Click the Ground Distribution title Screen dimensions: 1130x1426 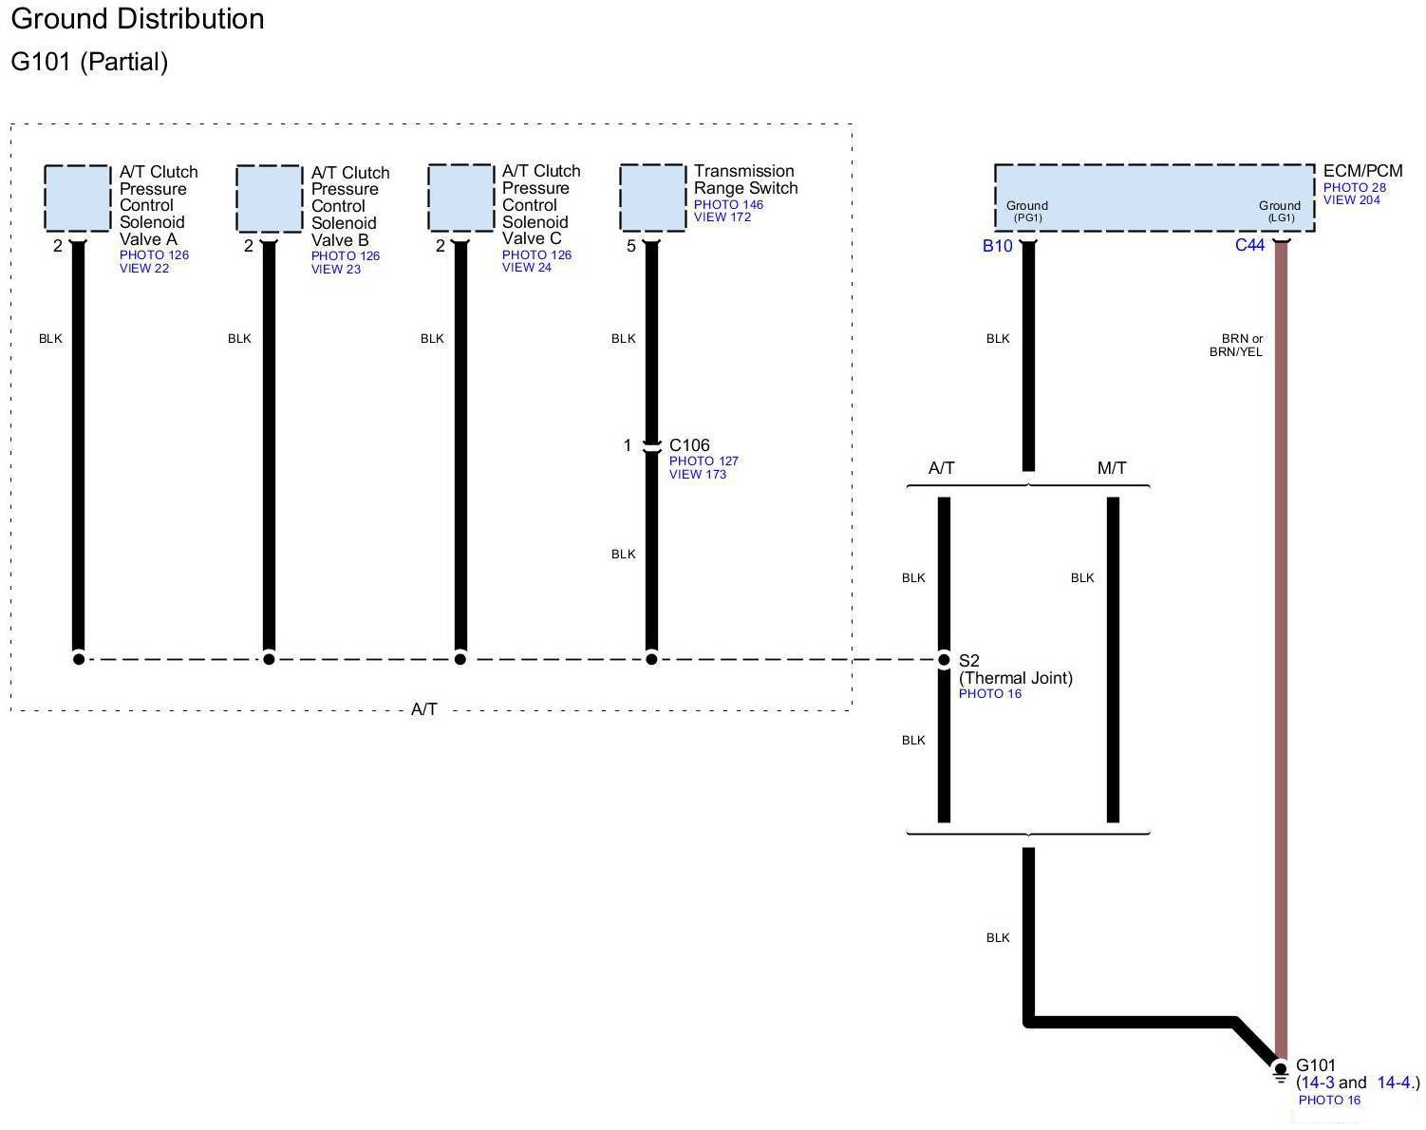coord(138,19)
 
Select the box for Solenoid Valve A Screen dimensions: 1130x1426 coord(77,198)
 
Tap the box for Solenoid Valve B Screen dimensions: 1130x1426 coord(269,198)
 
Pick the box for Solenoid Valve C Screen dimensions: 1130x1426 coord(460,198)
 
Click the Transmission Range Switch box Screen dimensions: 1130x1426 coord(652,198)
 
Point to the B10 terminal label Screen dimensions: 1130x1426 coord(997,246)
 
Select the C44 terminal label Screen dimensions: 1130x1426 coord(1249,245)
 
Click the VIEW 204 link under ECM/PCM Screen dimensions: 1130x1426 coord(1351,200)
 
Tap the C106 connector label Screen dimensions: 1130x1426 coord(689,445)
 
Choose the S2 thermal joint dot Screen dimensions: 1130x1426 coord(944,659)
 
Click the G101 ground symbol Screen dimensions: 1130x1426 coord(1280,1070)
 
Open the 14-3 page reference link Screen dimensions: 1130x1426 coord(1317,1083)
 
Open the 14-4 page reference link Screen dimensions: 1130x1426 coord(1394,1083)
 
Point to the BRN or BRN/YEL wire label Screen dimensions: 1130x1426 coord(1236,345)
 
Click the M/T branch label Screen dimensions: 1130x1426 coord(1112,468)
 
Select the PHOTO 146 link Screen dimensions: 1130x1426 coord(728,204)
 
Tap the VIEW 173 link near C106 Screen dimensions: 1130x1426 coord(697,474)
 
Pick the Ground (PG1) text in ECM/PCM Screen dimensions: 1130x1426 coord(1027,211)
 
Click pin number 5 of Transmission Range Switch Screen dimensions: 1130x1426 coord(631,246)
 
